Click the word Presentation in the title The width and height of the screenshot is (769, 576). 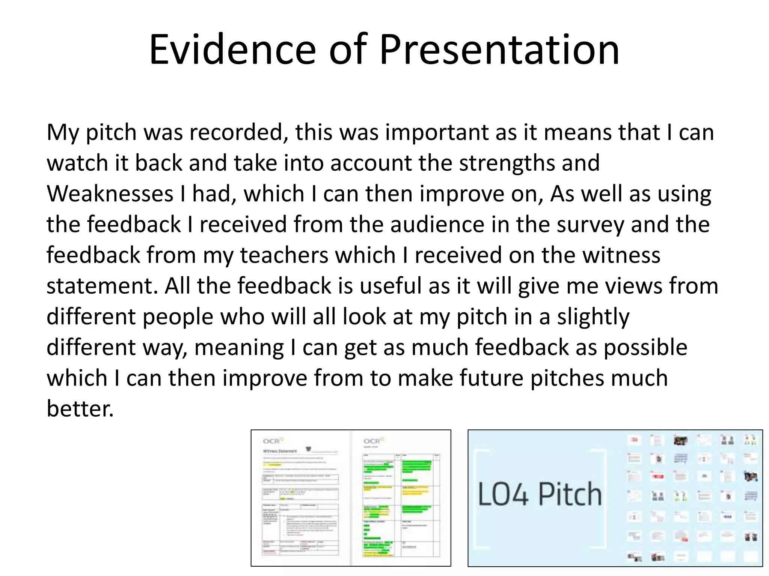[x=499, y=50]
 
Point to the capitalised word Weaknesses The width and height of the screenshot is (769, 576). [x=110, y=194]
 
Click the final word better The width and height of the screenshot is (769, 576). [x=80, y=409]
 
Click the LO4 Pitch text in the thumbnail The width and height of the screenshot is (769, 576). [x=540, y=494]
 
